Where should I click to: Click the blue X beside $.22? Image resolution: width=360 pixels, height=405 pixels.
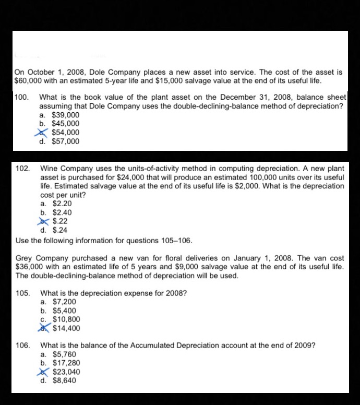pyautogui.click(x=45, y=221)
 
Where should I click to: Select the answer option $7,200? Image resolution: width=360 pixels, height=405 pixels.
pyautogui.click(x=64, y=301)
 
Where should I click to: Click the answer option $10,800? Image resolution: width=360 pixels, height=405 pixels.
pyautogui.click(x=66, y=319)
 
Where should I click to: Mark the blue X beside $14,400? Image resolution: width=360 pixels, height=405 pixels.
pyautogui.click(x=45, y=328)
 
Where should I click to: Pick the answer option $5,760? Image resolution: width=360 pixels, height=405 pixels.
pyautogui.click(x=64, y=354)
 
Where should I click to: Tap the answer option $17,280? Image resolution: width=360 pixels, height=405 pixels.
pyautogui.click(x=66, y=363)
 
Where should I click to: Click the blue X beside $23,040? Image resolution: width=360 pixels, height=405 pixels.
pyautogui.click(x=45, y=372)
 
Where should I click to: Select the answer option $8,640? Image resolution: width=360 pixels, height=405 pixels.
pyautogui.click(x=64, y=380)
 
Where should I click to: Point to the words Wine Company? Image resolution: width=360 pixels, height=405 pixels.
pyautogui.click(x=65, y=169)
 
